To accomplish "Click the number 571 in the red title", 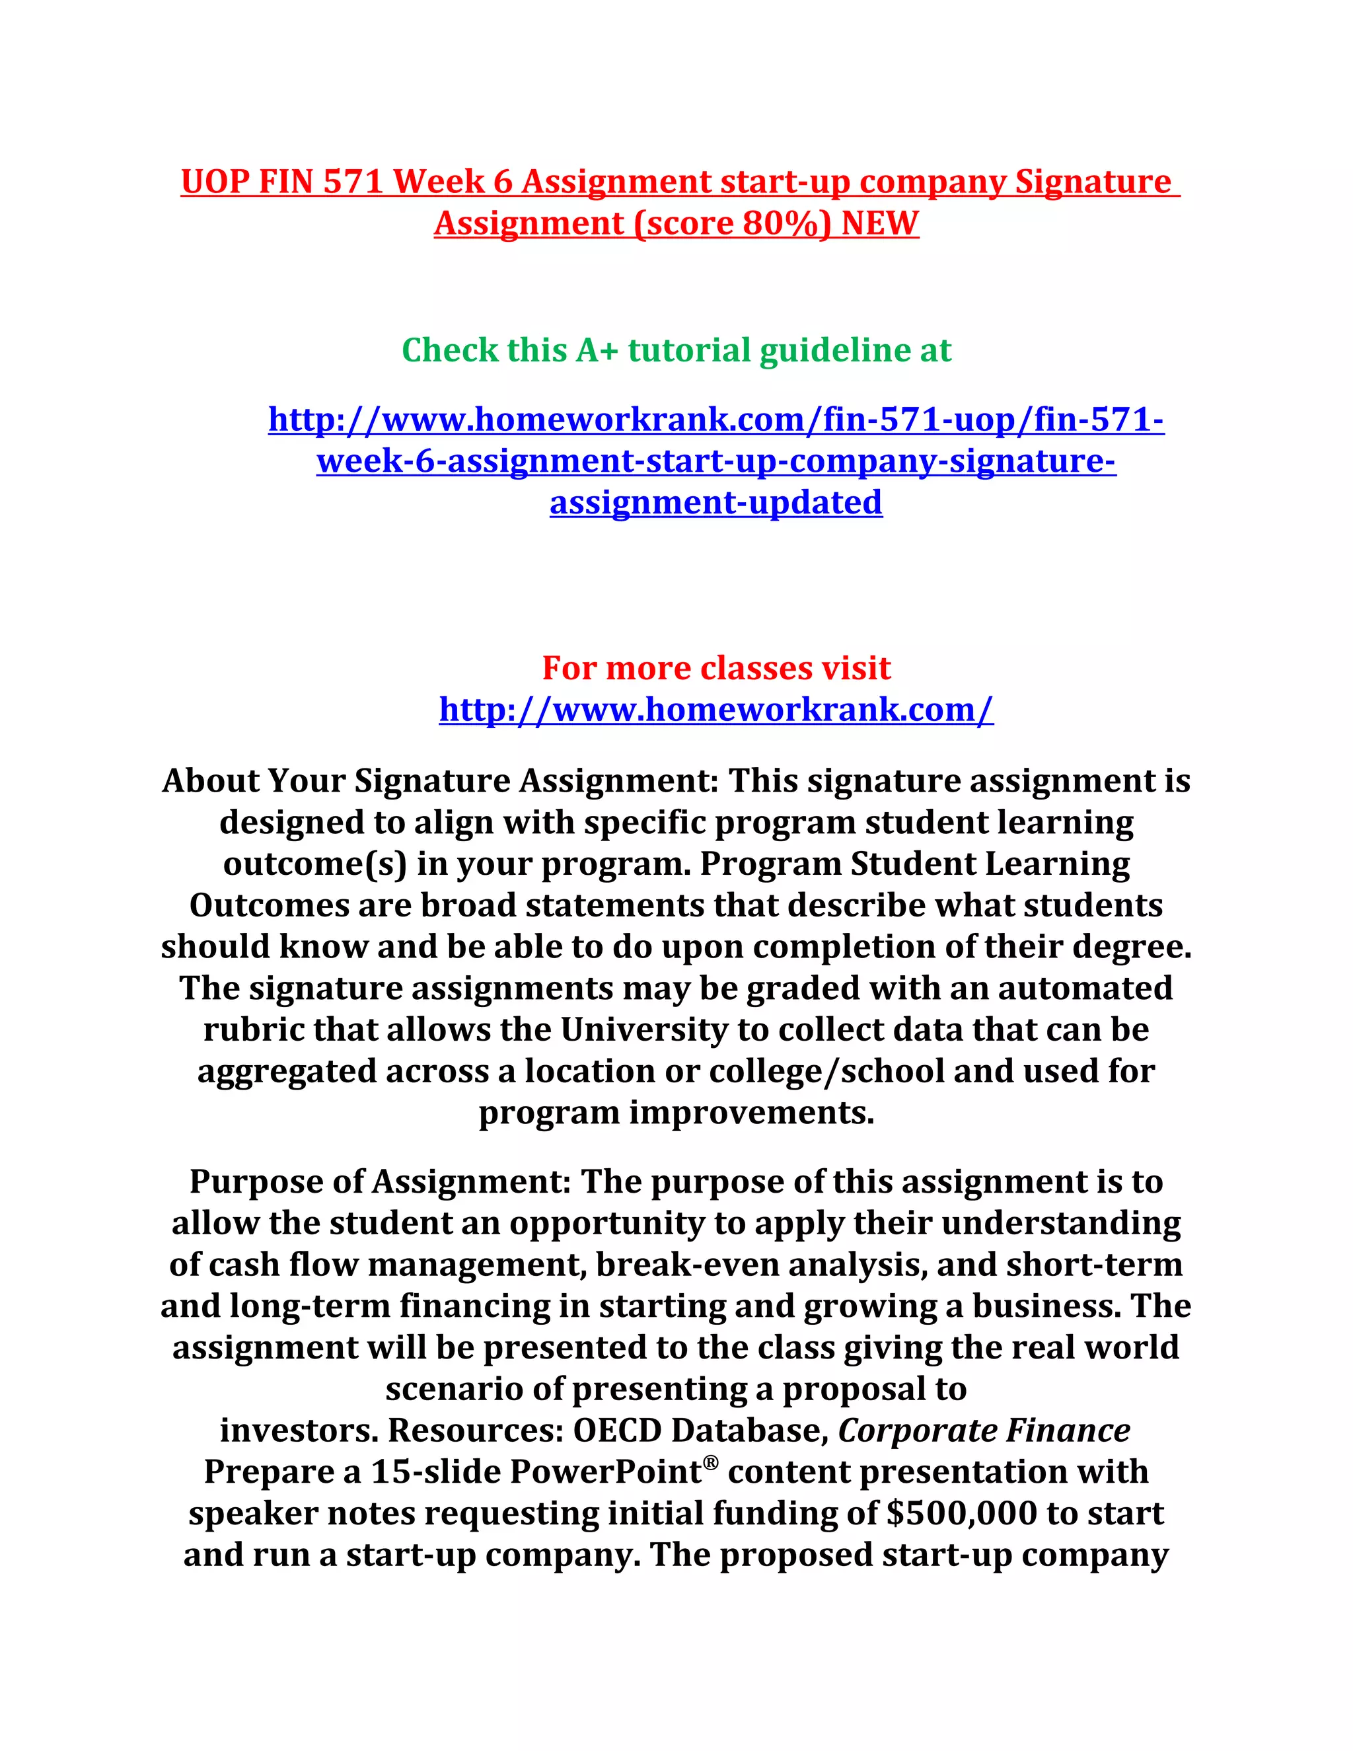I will click(x=353, y=182).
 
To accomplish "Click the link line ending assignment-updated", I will click(x=715, y=503).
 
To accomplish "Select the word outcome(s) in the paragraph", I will click(x=315, y=864).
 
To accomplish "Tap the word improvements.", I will click(x=751, y=1113).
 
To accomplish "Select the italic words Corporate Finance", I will click(x=984, y=1431).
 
